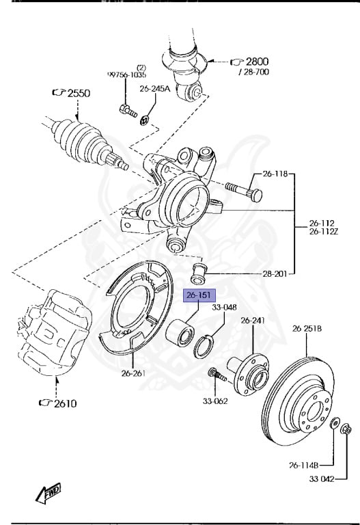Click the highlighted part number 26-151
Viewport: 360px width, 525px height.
click(x=199, y=295)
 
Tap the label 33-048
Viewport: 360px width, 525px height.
click(x=224, y=307)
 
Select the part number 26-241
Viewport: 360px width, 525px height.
click(x=253, y=321)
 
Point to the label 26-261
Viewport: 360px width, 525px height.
click(x=133, y=373)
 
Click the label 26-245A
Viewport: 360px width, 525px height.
click(x=155, y=89)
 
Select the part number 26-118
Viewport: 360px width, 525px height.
click(x=275, y=174)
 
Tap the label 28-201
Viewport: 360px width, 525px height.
click(x=275, y=274)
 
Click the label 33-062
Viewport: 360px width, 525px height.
click(x=215, y=401)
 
